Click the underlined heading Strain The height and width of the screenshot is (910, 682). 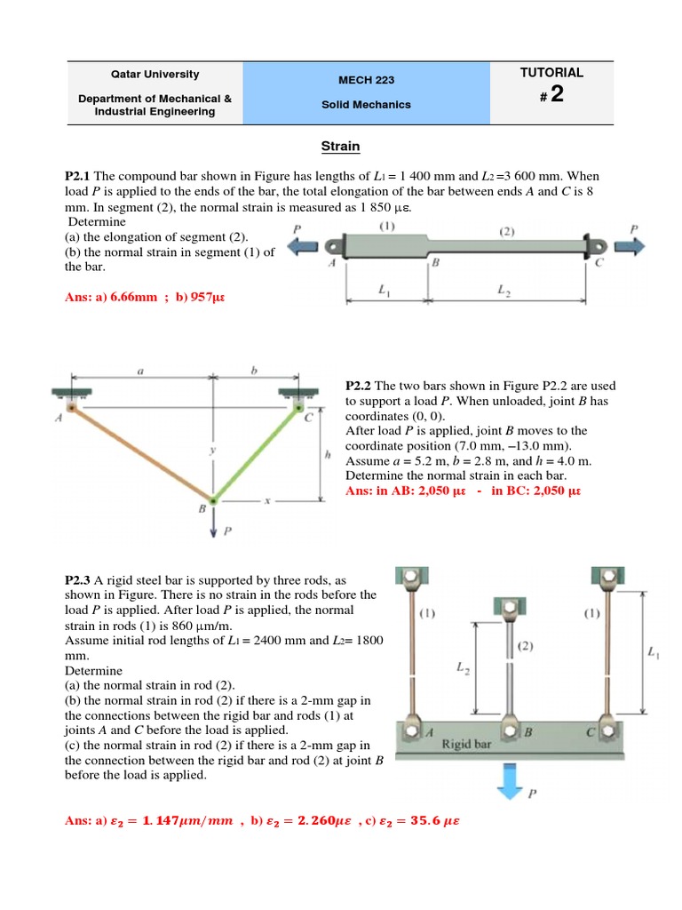click(340, 146)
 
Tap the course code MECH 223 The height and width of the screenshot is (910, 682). click(366, 80)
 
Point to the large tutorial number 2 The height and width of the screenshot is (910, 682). click(556, 95)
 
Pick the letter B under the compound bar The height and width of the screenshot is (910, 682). click(434, 264)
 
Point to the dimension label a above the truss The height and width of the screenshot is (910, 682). click(140, 371)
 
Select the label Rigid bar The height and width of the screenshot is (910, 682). click(469, 745)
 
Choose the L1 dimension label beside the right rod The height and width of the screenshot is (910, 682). click(654, 653)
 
